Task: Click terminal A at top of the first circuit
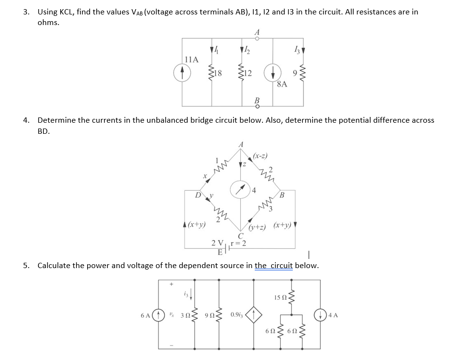pos(258,39)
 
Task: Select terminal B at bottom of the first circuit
pos(258,106)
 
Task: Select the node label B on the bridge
pos(282,195)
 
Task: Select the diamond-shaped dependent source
pos(254,316)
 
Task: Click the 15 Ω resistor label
pos(280,297)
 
